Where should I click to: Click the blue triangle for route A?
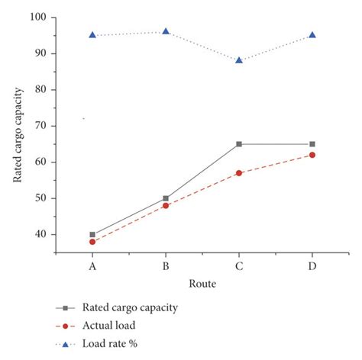pyautogui.click(x=92, y=35)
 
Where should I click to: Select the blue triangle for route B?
pyautogui.click(x=166, y=31)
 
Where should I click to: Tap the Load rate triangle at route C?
pyautogui.click(x=239, y=59)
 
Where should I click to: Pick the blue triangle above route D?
pyautogui.click(x=312, y=35)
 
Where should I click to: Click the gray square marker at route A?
pyautogui.click(x=92, y=235)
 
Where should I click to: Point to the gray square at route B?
pyautogui.click(x=166, y=198)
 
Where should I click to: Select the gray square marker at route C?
pyautogui.click(x=239, y=144)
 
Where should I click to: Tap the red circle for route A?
pyautogui.click(x=92, y=242)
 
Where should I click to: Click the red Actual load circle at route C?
pyautogui.click(x=239, y=173)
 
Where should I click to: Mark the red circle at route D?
pyautogui.click(x=312, y=155)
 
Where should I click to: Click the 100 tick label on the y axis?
pyautogui.click(x=39, y=17)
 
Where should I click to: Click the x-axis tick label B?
pyautogui.click(x=166, y=266)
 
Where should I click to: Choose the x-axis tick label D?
pyautogui.click(x=312, y=266)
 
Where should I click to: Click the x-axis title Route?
pyautogui.click(x=202, y=284)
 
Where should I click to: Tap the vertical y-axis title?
pyautogui.click(x=18, y=136)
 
